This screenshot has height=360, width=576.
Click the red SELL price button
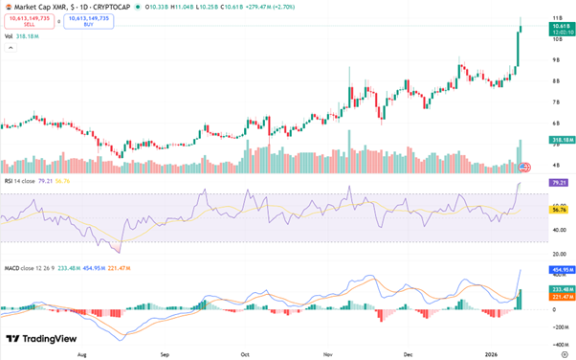pyautogui.click(x=31, y=21)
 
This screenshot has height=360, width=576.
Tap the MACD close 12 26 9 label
pyautogui.click(x=33, y=266)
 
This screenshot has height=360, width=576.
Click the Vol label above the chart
pyautogui.click(x=9, y=36)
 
